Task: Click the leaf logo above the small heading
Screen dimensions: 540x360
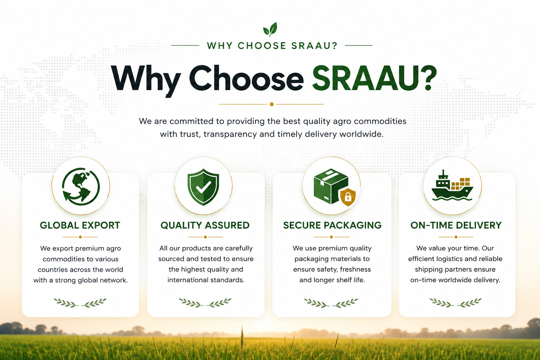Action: click(x=270, y=30)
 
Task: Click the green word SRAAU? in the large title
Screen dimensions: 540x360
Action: click(x=375, y=78)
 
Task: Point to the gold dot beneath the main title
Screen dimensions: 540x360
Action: click(x=272, y=104)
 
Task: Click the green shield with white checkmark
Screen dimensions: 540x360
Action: click(x=203, y=187)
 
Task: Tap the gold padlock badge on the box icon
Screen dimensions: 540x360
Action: click(x=348, y=197)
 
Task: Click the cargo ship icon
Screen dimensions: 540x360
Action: click(x=452, y=185)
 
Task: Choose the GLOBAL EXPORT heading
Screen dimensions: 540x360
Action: click(x=80, y=225)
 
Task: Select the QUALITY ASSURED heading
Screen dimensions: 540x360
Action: click(x=205, y=225)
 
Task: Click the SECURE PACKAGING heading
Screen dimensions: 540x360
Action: click(x=333, y=225)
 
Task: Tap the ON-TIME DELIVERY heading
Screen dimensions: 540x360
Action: click(x=456, y=225)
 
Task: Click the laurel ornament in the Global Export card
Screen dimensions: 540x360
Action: click(x=80, y=303)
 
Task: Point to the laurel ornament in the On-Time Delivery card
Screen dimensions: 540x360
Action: click(x=456, y=302)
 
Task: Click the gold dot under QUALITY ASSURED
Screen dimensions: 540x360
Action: click(x=205, y=237)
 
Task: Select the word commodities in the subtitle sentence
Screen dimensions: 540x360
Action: click(x=380, y=121)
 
